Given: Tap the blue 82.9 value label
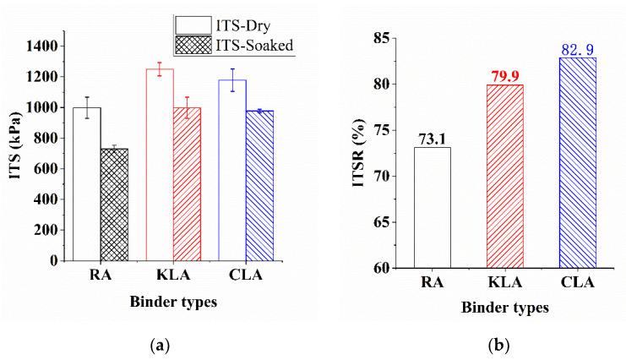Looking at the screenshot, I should click(577, 51).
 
